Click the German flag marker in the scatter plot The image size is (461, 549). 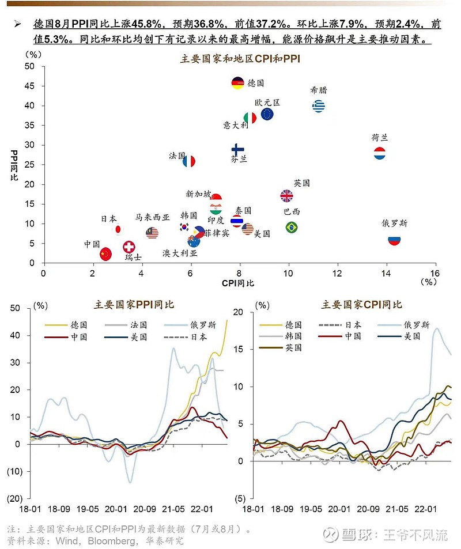tap(237, 84)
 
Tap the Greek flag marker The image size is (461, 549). tap(318, 106)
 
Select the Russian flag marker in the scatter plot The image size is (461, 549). tap(394, 240)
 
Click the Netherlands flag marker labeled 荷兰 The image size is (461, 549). tap(380, 154)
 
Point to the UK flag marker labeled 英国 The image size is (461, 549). tap(286, 196)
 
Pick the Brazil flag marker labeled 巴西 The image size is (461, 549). tap(292, 227)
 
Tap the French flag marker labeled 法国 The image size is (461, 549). tap(189, 161)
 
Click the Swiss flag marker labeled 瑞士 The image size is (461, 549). tap(129, 247)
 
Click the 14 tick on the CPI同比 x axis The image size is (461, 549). tap(386, 272)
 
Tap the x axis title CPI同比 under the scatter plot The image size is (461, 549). tap(237, 283)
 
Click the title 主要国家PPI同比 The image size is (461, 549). tap(134, 305)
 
